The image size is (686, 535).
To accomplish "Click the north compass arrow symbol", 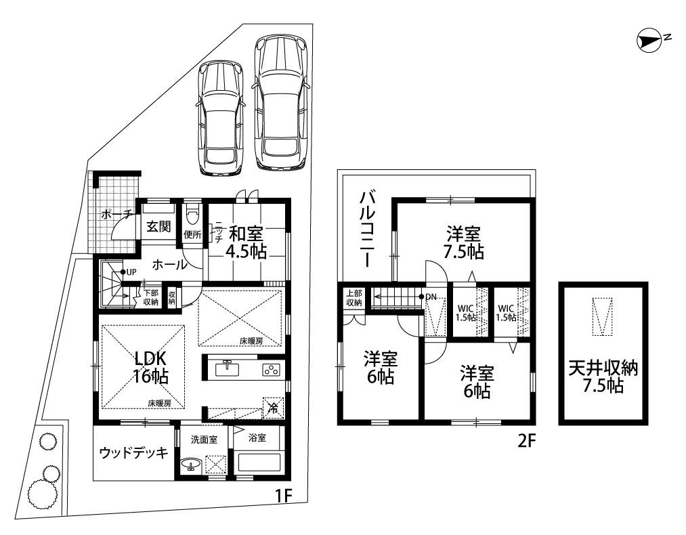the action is (651, 41).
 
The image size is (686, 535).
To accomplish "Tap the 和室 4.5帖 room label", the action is (246, 242).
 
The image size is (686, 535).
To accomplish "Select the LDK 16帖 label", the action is (151, 368).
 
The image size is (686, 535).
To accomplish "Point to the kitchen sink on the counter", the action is (227, 368).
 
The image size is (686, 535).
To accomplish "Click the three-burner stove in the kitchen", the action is (271, 370).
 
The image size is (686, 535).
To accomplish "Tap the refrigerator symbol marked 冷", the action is (273, 408).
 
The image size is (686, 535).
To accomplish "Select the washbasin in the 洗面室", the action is (190, 464).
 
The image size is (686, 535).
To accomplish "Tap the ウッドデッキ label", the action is (134, 452).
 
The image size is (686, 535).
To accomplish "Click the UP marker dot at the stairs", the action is (123, 272).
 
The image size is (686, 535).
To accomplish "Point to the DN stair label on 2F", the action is (431, 297).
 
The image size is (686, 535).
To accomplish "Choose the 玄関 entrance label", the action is (158, 227).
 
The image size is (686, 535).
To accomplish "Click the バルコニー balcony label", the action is (367, 229).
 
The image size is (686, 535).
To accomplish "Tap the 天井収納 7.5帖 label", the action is (603, 377).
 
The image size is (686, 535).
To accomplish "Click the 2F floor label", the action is (527, 441).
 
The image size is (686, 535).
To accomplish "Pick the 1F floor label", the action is (283, 496).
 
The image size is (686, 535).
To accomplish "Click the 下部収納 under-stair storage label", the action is (150, 297).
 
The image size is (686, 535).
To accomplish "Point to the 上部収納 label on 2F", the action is (354, 298).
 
